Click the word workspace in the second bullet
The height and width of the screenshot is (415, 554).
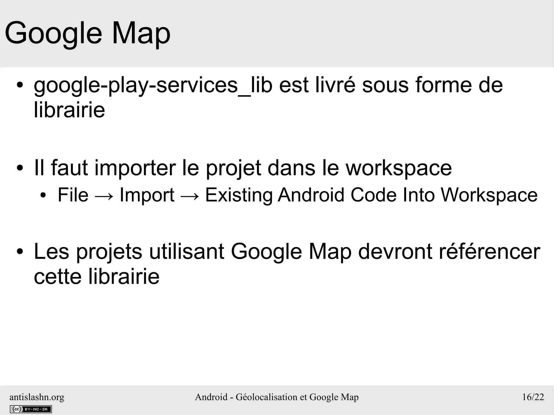[x=399, y=168]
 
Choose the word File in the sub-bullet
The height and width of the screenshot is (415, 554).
[x=73, y=195]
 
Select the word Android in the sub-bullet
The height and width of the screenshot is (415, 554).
[x=311, y=195]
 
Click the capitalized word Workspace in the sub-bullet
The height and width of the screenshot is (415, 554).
[x=489, y=195]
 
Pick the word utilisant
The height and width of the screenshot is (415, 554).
[x=187, y=251]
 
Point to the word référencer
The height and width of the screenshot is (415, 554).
[x=489, y=251]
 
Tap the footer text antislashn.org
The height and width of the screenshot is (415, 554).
[x=37, y=397]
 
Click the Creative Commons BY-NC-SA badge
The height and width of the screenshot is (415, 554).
[x=31, y=409]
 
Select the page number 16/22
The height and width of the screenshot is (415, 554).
[x=533, y=397]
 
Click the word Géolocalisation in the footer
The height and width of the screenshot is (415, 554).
[x=266, y=397]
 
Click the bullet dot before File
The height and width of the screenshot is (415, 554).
[x=43, y=195]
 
